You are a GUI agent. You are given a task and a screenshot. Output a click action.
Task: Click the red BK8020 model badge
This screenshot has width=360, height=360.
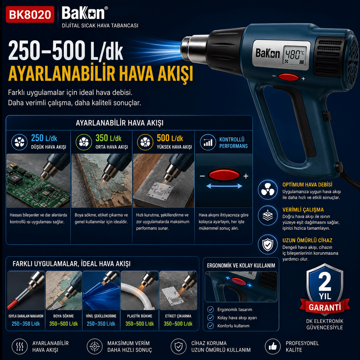[30, 14]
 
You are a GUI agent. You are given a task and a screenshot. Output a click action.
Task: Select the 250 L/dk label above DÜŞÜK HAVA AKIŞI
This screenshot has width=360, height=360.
[44, 138]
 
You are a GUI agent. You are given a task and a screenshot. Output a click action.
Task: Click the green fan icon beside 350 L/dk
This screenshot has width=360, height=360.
[84, 142]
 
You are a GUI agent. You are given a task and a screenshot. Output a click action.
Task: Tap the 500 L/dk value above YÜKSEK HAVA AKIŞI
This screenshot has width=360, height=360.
[170, 138]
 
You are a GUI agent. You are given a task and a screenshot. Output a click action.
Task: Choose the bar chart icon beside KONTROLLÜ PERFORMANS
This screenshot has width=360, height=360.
[208, 142]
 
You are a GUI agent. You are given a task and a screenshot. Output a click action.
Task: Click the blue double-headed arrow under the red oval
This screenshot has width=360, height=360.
[224, 186]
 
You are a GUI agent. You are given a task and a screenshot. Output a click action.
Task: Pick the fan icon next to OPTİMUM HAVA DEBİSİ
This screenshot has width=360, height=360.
[268, 189]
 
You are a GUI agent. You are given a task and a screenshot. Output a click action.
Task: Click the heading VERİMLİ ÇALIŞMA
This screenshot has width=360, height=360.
[303, 210]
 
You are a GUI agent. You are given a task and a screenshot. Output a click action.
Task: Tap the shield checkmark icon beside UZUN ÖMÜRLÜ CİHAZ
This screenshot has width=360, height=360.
[268, 244]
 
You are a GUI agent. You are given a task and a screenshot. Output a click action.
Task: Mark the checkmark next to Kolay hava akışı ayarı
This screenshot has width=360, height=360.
[210, 317]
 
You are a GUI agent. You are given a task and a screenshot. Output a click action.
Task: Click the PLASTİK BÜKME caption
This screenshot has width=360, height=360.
[140, 316]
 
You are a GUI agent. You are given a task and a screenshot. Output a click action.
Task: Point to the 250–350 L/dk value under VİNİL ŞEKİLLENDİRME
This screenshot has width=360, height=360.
[101, 324]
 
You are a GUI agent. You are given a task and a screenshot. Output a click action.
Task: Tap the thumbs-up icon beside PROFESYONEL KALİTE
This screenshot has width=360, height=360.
[272, 346]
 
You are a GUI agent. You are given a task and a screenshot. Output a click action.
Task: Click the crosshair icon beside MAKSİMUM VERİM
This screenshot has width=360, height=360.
[95, 346]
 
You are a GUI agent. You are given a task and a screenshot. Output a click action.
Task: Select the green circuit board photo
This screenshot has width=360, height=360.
[38, 181]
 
